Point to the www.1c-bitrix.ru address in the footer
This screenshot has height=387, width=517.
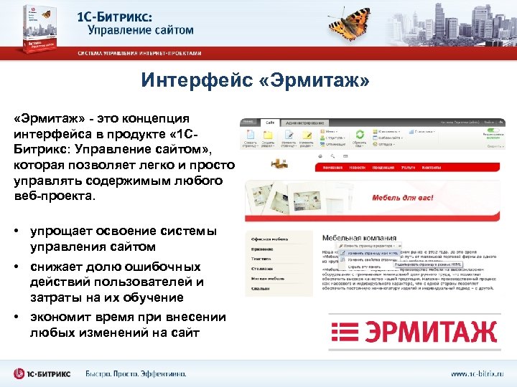[478, 373]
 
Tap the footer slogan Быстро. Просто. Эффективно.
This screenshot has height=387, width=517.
[136, 373]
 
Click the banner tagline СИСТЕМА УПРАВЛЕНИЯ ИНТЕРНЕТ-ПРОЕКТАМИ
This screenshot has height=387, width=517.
[141, 54]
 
